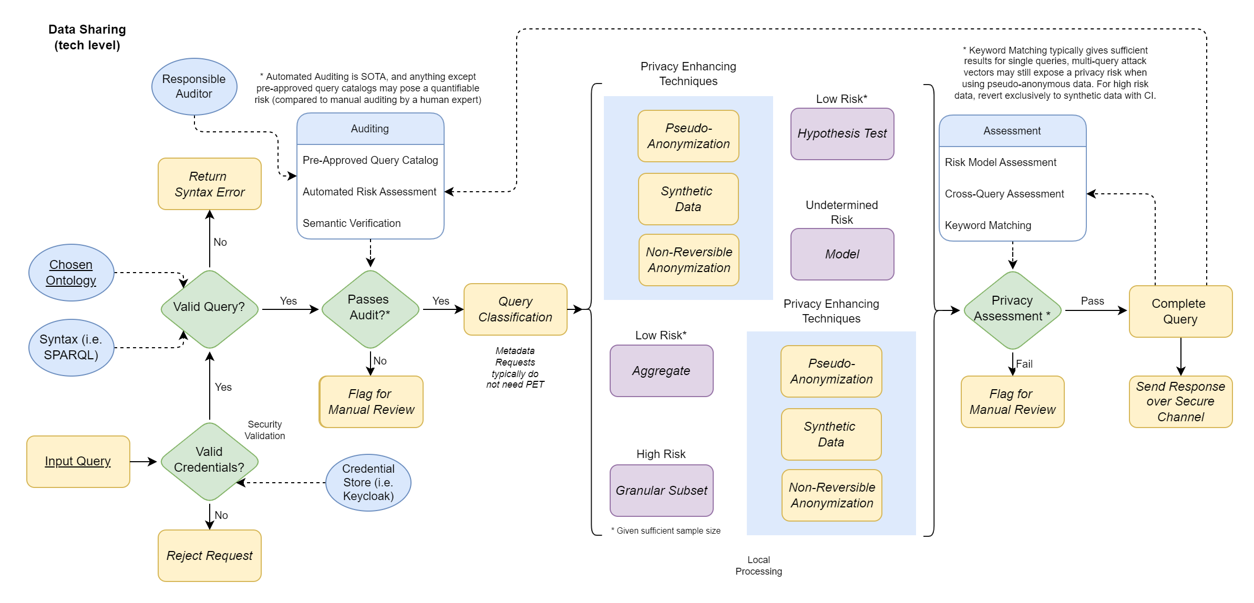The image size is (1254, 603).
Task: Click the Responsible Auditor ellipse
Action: [x=194, y=87]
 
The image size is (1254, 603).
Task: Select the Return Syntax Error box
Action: [x=209, y=184]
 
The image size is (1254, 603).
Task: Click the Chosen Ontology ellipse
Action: [x=71, y=273]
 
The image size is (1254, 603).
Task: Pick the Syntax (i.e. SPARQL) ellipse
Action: [x=71, y=347]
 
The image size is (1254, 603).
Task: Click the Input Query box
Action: [x=78, y=462]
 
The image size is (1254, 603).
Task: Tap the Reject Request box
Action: [x=209, y=556]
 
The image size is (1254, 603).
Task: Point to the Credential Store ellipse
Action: [x=368, y=482]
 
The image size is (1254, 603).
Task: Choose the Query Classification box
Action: [x=515, y=309]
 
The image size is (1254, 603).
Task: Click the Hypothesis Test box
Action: [x=842, y=134]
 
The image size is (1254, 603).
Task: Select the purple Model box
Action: [x=842, y=254]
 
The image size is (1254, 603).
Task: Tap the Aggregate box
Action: [x=661, y=371]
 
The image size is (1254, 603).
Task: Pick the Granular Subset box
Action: [x=661, y=491]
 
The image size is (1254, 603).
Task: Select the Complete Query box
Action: [x=1180, y=311]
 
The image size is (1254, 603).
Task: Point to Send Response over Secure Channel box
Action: [x=1180, y=402]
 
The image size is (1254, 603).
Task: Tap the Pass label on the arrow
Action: [x=1092, y=301]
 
